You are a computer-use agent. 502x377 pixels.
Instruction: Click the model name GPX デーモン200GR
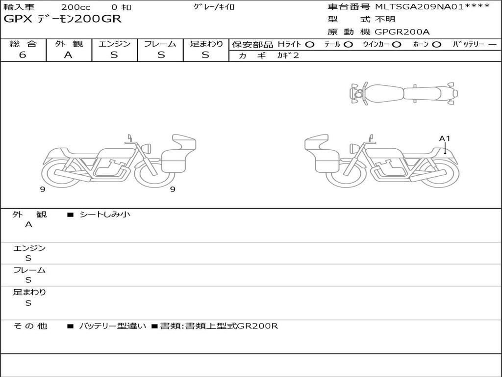(62, 19)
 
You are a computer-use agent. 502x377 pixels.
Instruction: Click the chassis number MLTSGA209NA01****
(432, 6)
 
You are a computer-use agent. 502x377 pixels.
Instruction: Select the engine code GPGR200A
(402, 32)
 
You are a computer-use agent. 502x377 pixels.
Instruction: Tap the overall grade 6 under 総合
(23, 55)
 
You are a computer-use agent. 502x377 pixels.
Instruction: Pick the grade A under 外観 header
(68, 55)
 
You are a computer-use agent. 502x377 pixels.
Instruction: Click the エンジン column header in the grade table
(114, 44)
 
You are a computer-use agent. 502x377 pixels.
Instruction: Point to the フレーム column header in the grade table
(160, 44)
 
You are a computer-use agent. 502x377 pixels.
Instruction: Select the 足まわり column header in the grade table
(206, 44)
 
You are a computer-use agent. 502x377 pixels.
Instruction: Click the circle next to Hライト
(309, 45)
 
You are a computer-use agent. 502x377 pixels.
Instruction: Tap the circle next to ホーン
(436, 45)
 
